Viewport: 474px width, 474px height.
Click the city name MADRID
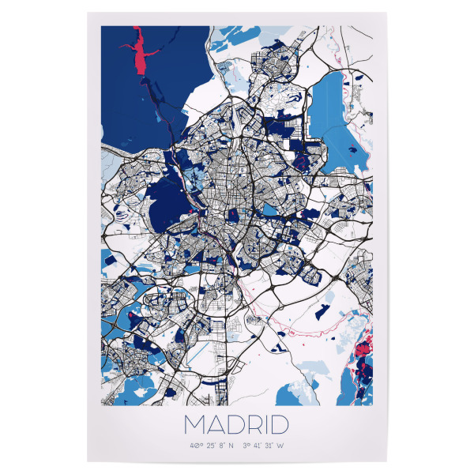click(236, 425)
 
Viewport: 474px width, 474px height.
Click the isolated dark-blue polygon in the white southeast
click(322, 312)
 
